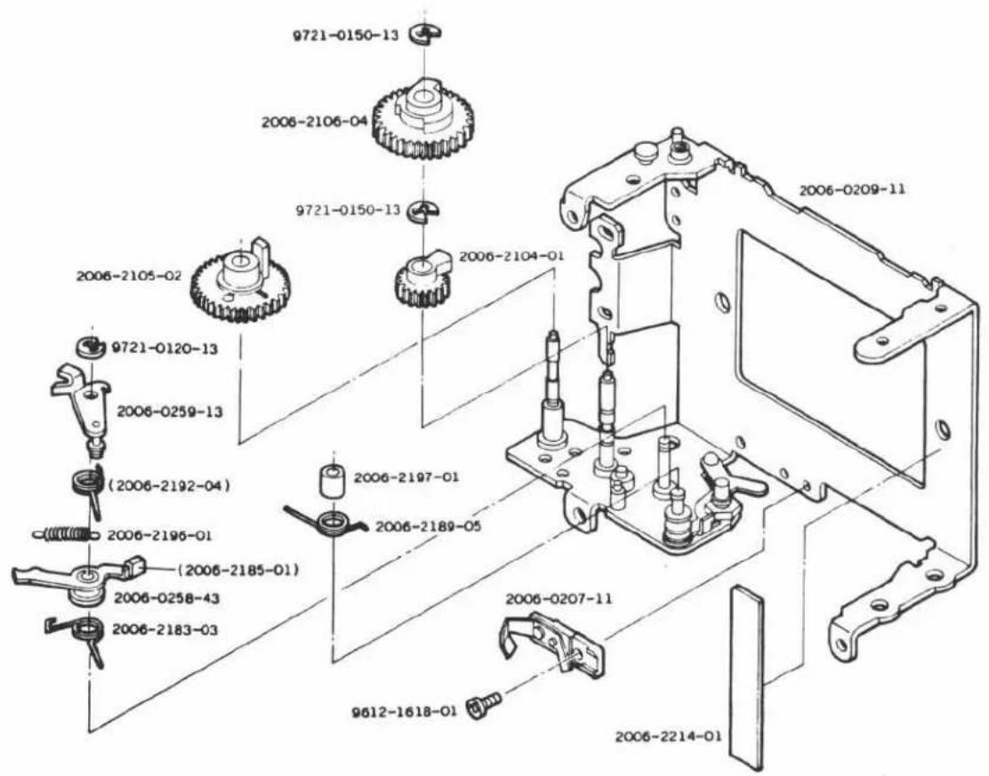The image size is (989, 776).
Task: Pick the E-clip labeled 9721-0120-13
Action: coord(90,346)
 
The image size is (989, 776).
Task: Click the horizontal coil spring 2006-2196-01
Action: coord(66,534)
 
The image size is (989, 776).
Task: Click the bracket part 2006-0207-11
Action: coord(553,643)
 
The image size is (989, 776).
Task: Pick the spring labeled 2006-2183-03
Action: coord(82,636)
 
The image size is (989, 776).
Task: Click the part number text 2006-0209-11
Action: coord(852,189)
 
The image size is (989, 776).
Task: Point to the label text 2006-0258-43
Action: coord(166,597)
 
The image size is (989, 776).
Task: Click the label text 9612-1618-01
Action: coord(405,712)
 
